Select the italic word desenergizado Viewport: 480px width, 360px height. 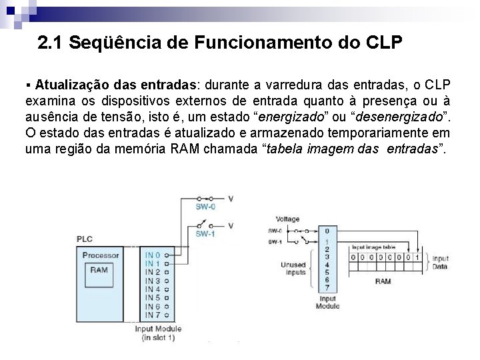coord(409,117)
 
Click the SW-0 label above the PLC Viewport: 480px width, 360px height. coord(205,207)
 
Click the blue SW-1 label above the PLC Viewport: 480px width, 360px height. coord(205,234)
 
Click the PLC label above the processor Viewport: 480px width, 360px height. coord(85,239)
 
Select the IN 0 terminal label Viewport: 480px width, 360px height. coord(153,255)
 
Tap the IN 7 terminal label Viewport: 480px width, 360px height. coord(153,315)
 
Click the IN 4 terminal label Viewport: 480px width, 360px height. coord(153,289)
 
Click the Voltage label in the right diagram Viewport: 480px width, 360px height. coord(287,219)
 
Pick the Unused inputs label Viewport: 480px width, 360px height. coord(293,268)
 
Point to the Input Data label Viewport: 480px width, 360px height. coord(441,262)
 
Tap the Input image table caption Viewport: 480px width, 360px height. coord(374,247)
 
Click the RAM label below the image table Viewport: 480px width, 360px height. coord(383,281)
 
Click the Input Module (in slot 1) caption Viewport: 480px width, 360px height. coord(157,333)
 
